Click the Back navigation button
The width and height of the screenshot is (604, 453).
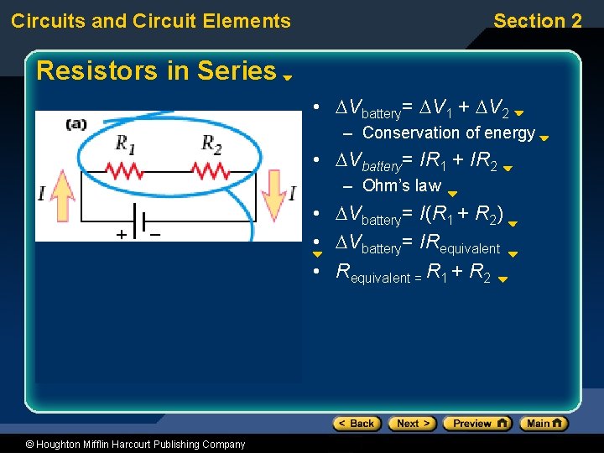[x=357, y=424]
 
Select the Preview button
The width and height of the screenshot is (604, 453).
[x=476, y=424]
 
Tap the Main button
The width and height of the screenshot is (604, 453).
[x=543, y=424]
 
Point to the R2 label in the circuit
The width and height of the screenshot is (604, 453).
[x=212, y=143]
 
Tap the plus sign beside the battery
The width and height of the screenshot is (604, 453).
[x=122, y=234]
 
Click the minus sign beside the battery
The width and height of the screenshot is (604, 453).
[x=155, y=233]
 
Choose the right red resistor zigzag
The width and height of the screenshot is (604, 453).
[x=211, y=170]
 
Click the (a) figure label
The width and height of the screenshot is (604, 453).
[x=76, y=124]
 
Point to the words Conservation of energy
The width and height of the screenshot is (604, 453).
[x=448, y=133]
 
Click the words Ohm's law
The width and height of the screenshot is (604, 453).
[x=401, y=185]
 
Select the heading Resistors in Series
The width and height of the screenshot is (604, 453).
[x=156, y=70]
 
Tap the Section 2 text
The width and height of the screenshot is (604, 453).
[x=537, y=21]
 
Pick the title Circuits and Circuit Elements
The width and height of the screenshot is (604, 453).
[x=151, y=21]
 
